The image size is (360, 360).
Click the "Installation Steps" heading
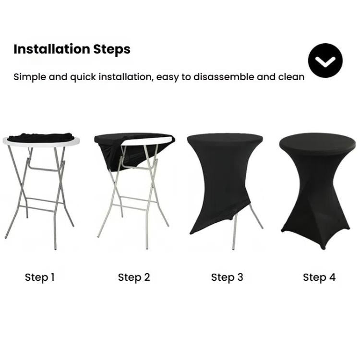coord(72,49)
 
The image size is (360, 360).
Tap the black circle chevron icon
coord(325,60)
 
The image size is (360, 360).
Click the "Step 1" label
coord(40,277)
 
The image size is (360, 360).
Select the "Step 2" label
coord(134,277)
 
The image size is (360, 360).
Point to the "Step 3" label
coord(227,277)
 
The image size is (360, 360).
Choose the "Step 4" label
coord(319,277)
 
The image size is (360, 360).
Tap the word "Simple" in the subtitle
coord(29,77)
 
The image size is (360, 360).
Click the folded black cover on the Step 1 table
coord(41,137)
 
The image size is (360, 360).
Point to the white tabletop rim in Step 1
coord(14,142)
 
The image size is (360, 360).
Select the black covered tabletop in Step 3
coord(225,140)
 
